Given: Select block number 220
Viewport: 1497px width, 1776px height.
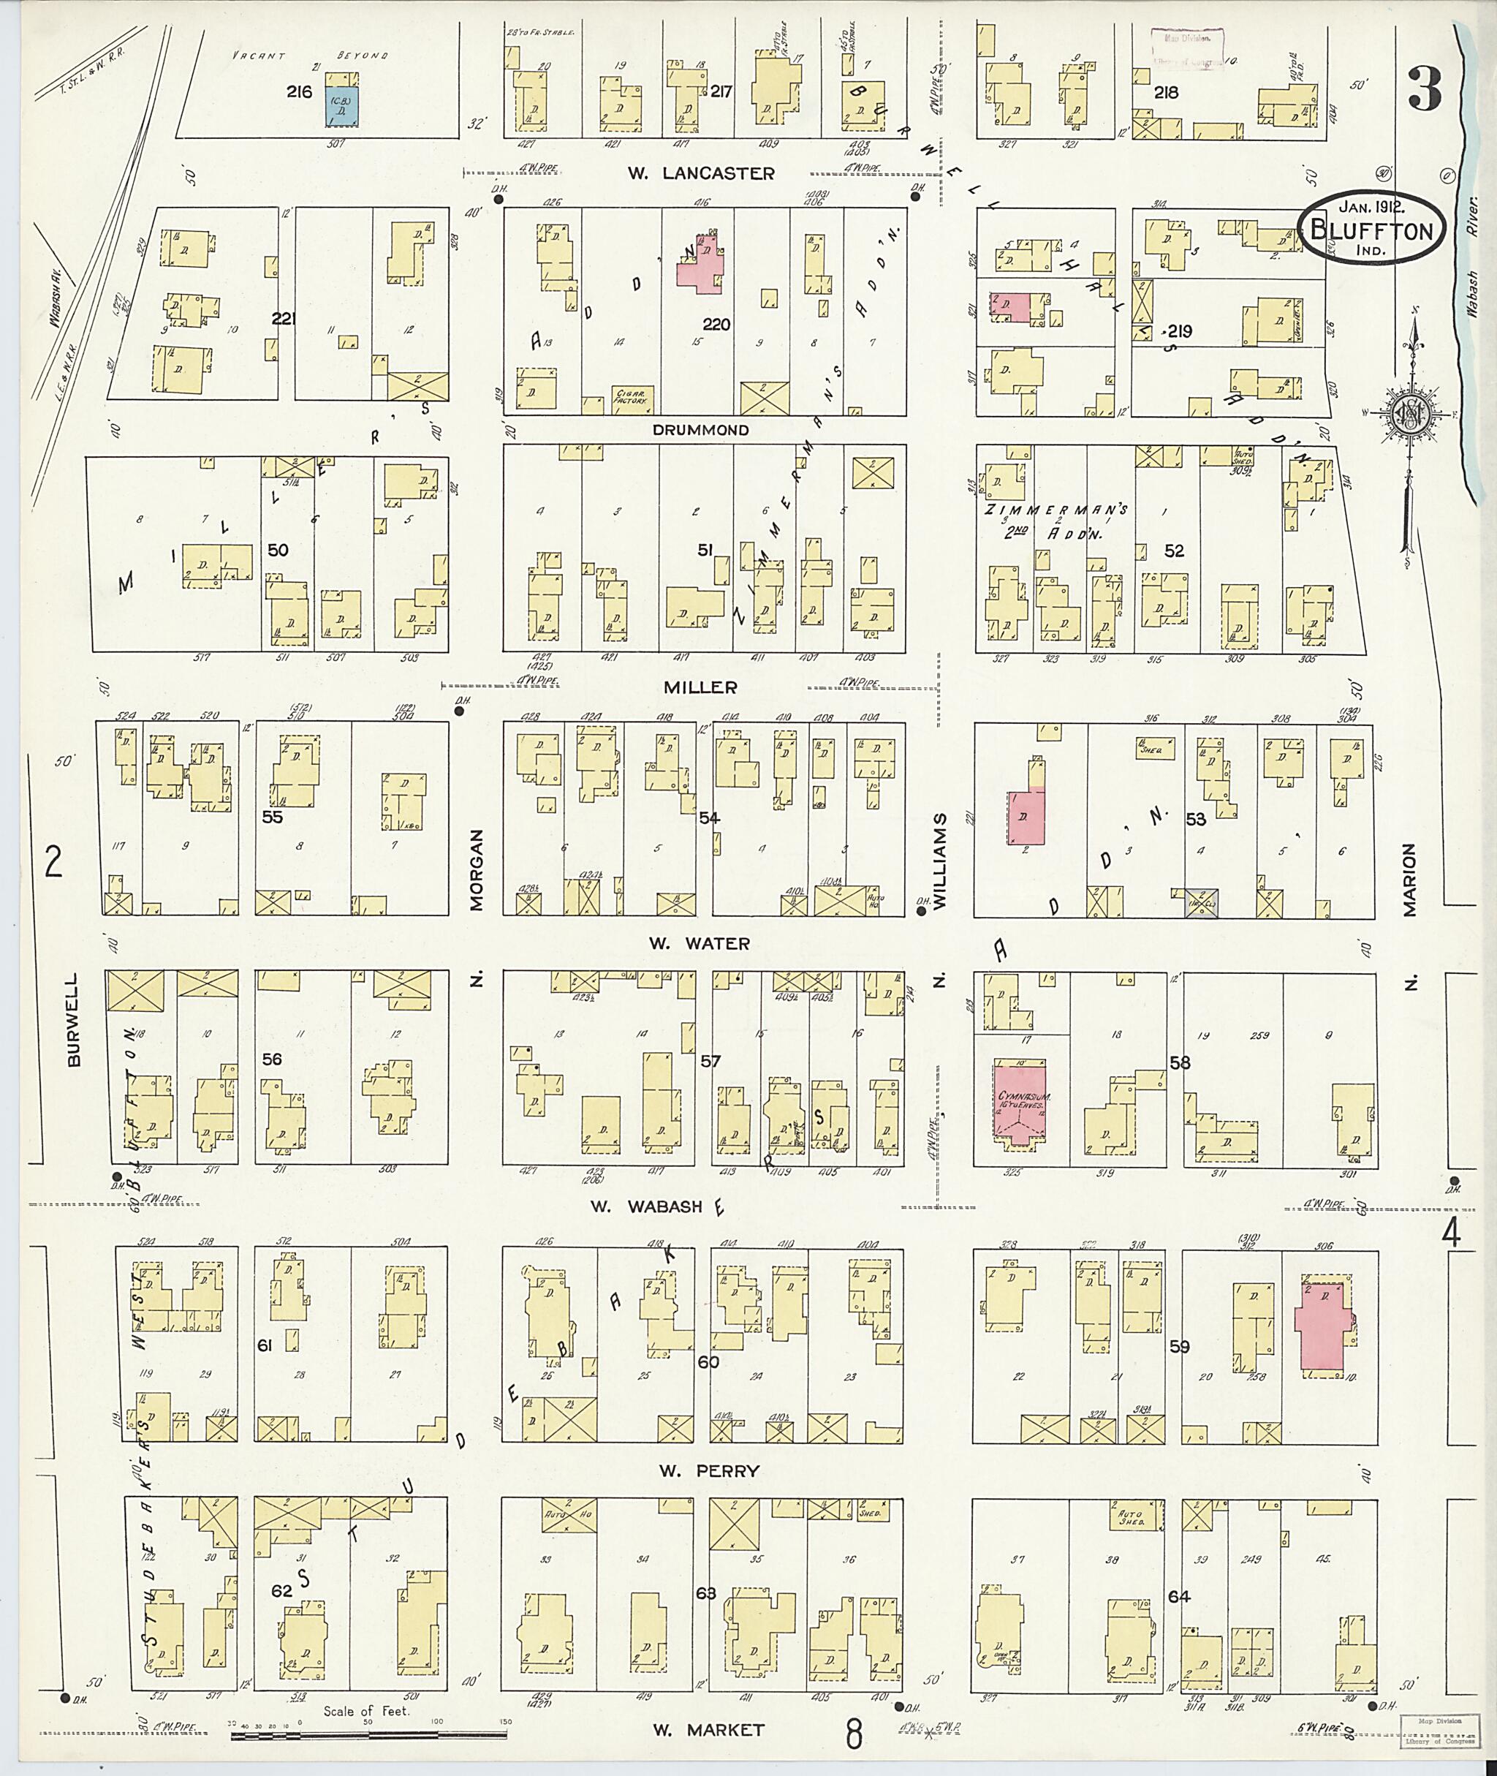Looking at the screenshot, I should click(x=716, y=325).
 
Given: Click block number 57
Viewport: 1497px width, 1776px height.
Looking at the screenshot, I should click(x=710, y=1061).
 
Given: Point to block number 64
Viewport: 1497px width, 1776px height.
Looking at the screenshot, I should click(x=1179, y=1596).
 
